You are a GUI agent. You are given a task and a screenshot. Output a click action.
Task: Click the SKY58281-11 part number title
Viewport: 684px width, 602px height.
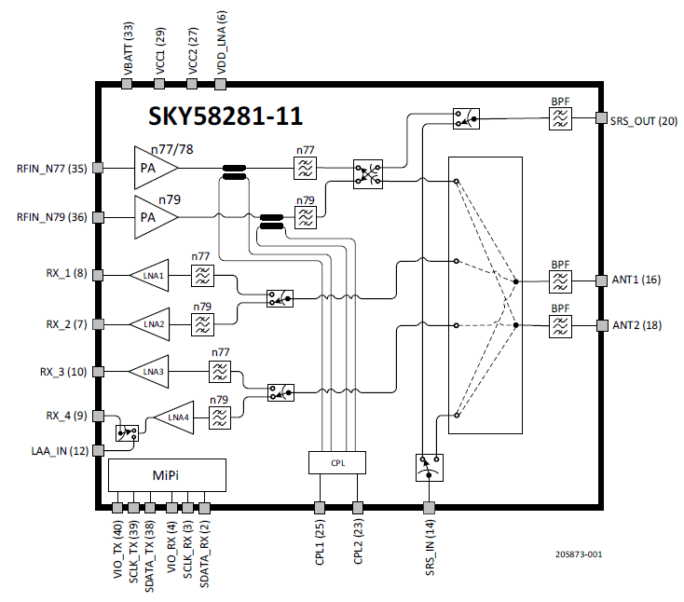click(x=226, y=117)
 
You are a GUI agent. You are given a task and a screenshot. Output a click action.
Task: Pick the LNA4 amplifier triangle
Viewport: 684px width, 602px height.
click(x=174, y=417)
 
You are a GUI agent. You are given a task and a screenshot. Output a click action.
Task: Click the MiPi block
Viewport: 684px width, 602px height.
click(x=166, y=476)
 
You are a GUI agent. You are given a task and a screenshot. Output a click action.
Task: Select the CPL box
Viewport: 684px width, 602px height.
click(x=336, y=462)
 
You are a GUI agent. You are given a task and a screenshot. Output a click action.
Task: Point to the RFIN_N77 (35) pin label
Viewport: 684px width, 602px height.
click(x=51, y=169)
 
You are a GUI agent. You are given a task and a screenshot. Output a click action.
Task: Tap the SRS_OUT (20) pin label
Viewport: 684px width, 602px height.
click(x=643, y=120)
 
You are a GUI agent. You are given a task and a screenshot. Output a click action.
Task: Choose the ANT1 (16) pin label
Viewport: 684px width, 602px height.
click(x=636, y=280)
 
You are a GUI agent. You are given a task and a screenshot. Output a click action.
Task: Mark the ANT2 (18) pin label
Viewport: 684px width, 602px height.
click(x=636, y=325)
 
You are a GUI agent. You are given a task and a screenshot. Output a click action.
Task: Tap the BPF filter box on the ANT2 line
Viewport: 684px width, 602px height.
click(x=560, y=325)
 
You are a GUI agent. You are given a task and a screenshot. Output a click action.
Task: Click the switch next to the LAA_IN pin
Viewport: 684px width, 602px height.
click(x=127, y=433)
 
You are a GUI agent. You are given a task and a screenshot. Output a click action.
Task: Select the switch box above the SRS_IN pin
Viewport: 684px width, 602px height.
click(x=428, y=467)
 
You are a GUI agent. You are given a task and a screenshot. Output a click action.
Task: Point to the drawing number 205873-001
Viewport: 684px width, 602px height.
click(x=578, y=554)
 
